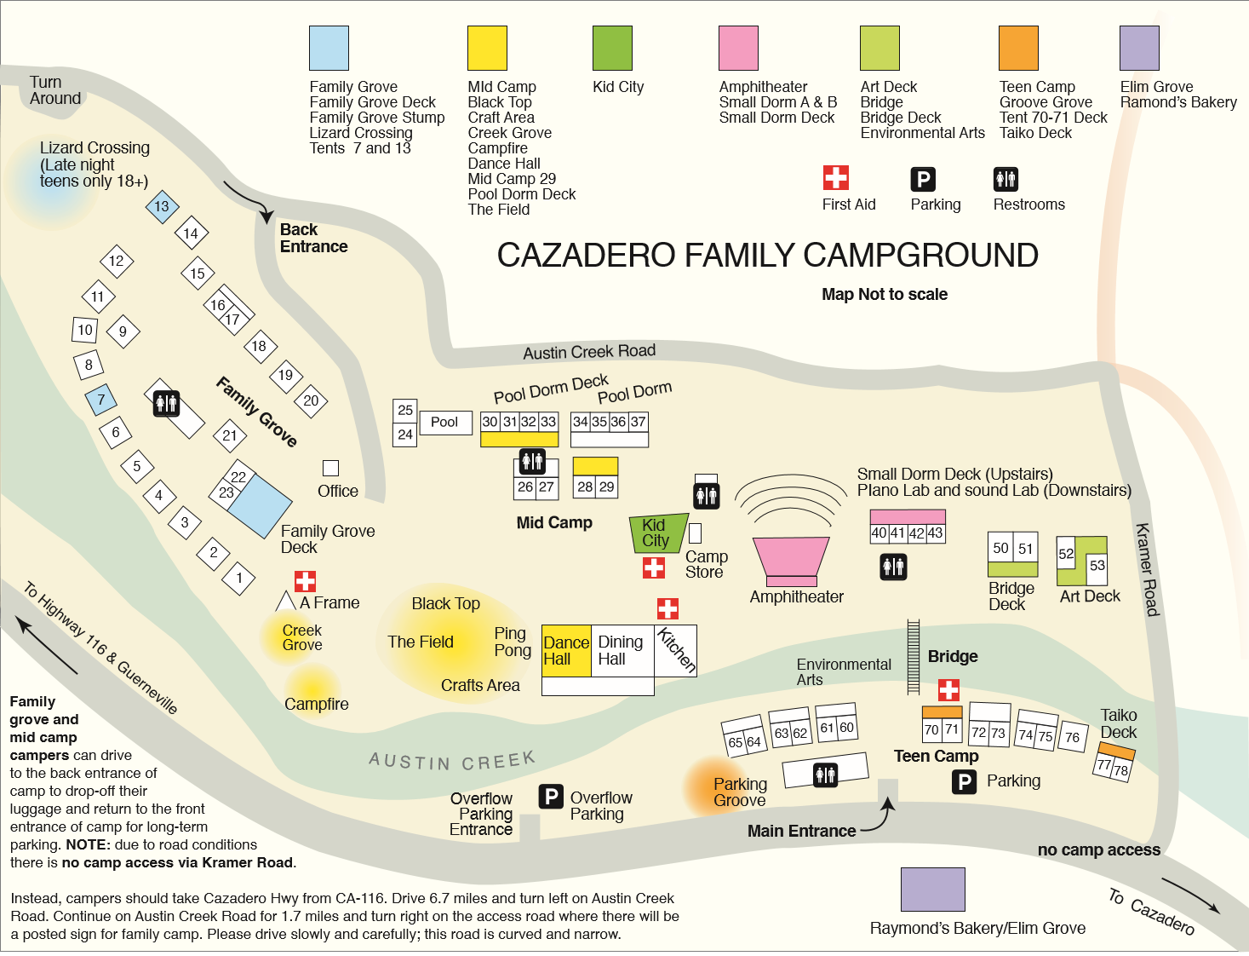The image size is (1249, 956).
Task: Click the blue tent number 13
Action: point(162,206)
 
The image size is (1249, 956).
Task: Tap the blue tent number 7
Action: point(101,400)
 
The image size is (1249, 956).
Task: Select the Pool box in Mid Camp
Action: point(444,422)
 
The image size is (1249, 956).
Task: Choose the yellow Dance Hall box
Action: point(566,651)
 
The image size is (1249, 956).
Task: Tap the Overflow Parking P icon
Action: point(551,797)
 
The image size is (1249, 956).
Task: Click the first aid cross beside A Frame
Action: point(305,581)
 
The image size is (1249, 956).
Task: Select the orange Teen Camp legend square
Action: point(1018,48)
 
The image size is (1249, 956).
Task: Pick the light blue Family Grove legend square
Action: point(329,48)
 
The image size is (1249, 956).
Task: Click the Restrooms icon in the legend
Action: point(1006,179)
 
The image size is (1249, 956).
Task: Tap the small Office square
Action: point(330,468)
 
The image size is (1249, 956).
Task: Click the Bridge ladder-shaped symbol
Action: point(914,656)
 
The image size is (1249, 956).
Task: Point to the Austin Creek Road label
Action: point(589,351)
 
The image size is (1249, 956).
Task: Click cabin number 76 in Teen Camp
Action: point(1073,738)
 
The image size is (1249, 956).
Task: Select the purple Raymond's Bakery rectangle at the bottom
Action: point(932,890)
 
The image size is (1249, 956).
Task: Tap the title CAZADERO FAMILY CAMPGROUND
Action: point(767,255)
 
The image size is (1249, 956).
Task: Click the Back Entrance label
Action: point(313,238)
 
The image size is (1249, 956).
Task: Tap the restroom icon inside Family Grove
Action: point(166,403)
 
